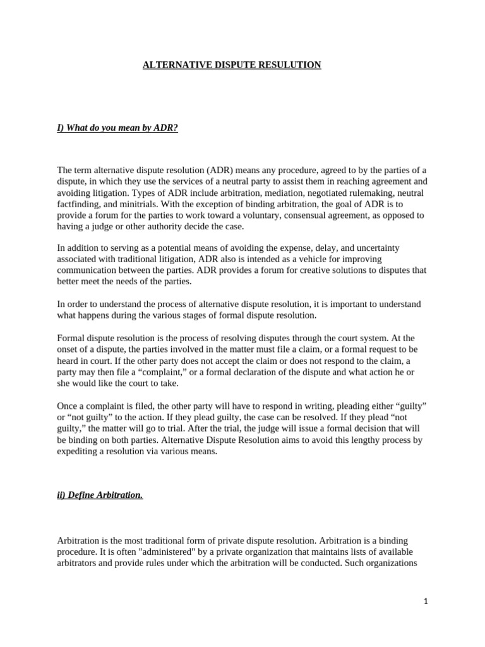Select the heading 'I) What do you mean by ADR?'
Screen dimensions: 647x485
(117, 128)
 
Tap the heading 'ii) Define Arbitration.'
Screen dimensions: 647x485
(100, 495)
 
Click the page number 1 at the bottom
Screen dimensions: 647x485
(426, 602)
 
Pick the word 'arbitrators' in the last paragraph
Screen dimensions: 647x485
(78, 564)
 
